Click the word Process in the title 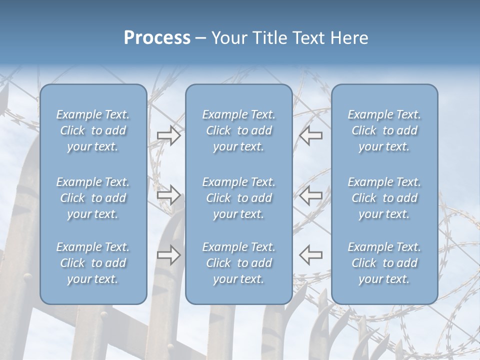point(157,38)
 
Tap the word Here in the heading point(349,38)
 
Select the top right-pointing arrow point(169,135)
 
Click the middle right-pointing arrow point(169,195)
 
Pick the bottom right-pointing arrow point(169,255)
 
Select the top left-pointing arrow point(311,135)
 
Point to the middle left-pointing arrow point(311,195)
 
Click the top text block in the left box point(93,130)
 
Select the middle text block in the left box point(93,198)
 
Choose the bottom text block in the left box point(93,263)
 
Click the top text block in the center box point(239,130)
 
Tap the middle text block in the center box point(239,198)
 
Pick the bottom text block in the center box point(239,263)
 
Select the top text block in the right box point(384,130)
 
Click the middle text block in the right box point(384,198)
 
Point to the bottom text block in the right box point(384,263)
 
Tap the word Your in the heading point(229,38)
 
